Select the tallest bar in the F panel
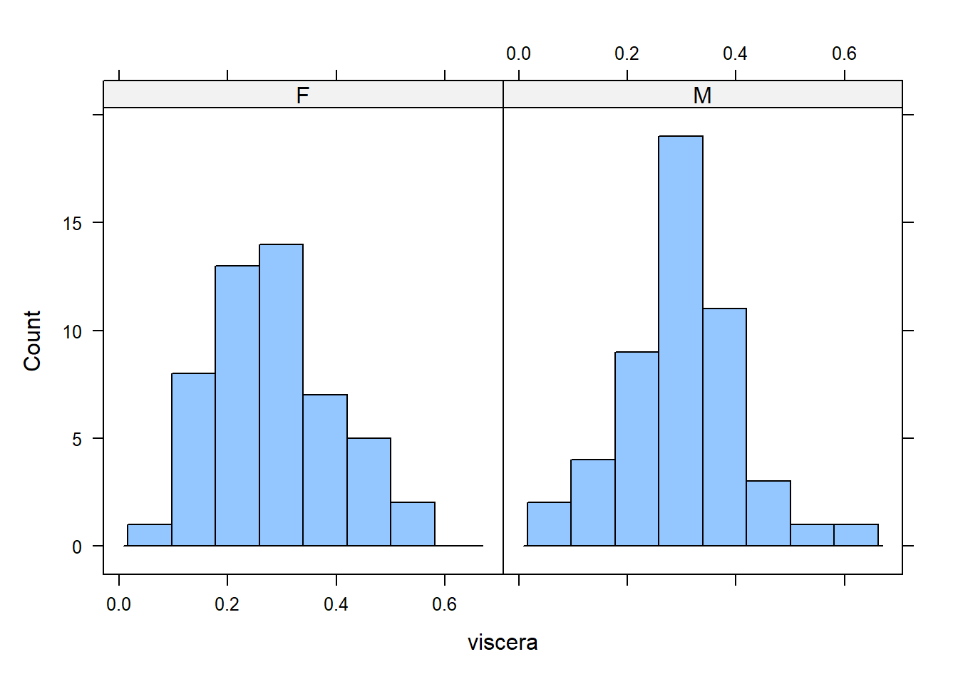[281, 395]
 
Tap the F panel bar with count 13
[237, 405]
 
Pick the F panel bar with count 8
[193, 460]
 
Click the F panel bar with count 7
[325, 470]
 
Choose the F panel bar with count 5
[369, 492]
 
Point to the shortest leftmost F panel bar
[149, 535]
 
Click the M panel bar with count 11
[724, 427]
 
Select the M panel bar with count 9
[637, 449]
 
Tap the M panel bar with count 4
[592, 502]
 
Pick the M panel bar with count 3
[768, 513]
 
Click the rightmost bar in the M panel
[856, 535]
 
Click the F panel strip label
[303, 95]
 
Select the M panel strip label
[702, 95]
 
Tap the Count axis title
[32, 341]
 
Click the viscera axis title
[503, 643]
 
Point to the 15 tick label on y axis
[72, 224]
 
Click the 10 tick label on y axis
[72, 332]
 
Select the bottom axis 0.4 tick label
[336, 605]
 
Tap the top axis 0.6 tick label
[844, 53]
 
